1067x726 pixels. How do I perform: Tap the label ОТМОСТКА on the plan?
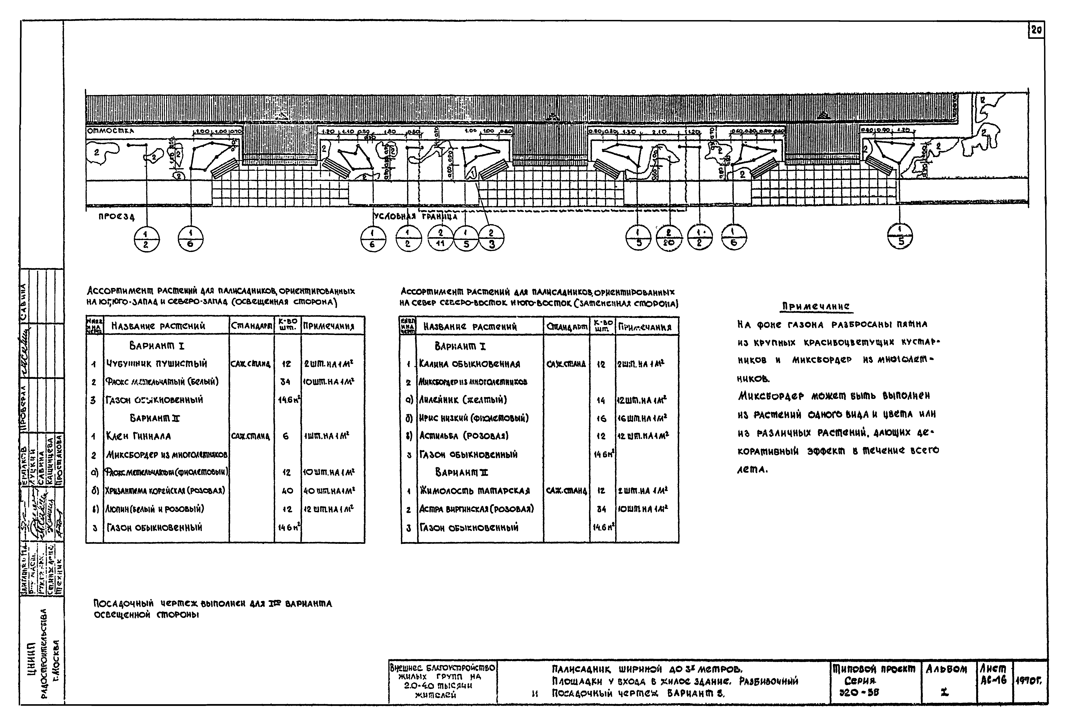(110, 131)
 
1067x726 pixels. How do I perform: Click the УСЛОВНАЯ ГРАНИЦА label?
(416, 216)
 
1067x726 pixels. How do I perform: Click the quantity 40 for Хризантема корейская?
(287, 491)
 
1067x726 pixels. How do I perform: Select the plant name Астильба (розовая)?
(464, 436)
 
